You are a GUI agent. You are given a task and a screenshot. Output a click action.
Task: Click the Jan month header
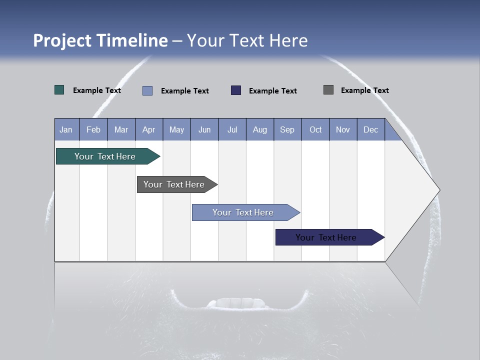pos(66,129)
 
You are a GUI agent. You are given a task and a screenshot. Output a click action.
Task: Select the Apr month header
pos(149,129)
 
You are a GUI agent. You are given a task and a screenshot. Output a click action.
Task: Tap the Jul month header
pos(232,129)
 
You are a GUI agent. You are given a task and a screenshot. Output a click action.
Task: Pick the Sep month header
pos(287,129)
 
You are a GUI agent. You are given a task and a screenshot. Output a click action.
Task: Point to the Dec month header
pos(370,129)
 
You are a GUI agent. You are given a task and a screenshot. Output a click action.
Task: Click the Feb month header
pos(93,129)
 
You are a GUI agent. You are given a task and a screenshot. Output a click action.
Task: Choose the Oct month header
pos(315,129)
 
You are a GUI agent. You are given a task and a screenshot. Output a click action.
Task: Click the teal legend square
pos(59,90)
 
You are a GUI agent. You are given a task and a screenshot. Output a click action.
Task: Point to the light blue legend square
pos(147,90)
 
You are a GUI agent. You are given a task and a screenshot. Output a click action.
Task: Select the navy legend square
pos(236,90)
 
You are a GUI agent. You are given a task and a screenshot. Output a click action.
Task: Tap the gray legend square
pos(328,90)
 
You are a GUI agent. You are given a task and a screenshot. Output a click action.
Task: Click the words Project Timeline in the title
pos(100,40)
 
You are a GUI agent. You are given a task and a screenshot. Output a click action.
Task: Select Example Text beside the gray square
pos(364,90)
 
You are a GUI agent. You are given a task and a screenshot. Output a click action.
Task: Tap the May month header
pos(176,129)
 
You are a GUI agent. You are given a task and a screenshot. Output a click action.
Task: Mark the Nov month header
pos(343,129)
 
